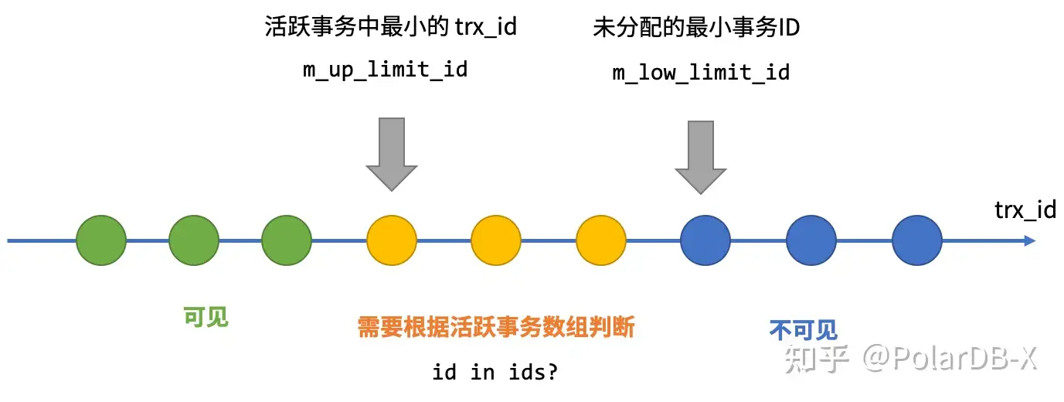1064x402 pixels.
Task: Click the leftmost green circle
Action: (x=101, y=241)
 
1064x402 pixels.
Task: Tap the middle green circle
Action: (x=194, y=241)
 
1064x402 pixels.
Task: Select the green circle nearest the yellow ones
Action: (x=287, y=241)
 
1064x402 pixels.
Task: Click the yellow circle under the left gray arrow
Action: (x=392, y=241)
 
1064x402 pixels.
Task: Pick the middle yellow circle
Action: (x=496, y=241)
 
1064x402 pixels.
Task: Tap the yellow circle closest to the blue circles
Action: (x=601, y=241)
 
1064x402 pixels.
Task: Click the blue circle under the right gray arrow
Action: (x=705, y=241)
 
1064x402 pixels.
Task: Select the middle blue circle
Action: (x=811, y=241)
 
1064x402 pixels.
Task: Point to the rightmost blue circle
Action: (x=917, y=241)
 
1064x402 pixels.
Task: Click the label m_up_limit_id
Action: (x=385, y=70)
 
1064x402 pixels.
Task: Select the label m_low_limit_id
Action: (x=701, y=73)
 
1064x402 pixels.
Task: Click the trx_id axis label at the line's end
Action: (x=1025, y=210)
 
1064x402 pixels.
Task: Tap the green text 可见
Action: (x=206, y=317)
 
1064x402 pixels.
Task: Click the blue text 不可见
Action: (x=804, y=330)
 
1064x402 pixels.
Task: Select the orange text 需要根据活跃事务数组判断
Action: (x=496, y=328)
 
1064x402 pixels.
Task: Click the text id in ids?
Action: (x=495, y=372)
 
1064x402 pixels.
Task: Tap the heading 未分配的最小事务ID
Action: (x=696, y=29)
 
